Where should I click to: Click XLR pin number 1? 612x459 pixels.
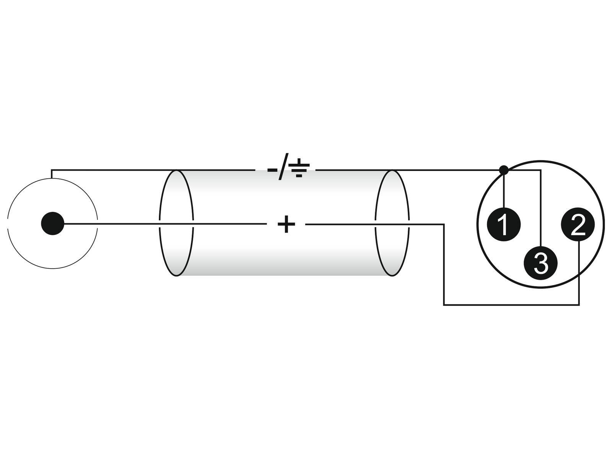(503, 224)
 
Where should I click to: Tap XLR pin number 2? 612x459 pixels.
(578, 224)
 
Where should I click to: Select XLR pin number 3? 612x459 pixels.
(540, 263)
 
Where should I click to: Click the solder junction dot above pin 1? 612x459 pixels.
(503, 170)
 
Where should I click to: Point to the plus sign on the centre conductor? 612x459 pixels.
(286, 224)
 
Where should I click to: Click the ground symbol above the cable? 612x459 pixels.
(299, 168)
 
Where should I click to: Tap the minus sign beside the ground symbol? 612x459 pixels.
(272, 170)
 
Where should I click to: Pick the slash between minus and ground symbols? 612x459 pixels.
(283, 167)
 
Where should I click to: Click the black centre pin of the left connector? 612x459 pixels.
(52, 223)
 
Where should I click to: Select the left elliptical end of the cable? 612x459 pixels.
(176, 223)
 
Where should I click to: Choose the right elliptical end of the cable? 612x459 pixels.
(392, 223)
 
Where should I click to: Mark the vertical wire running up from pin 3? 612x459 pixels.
(541, 208)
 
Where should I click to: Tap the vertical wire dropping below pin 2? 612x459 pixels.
(579, 273)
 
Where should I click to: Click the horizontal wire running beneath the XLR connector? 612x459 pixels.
(511, 305)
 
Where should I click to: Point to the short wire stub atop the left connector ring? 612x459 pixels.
(51, 174)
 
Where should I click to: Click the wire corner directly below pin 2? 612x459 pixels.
(579, 305)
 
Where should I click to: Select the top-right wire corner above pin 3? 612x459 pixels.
(541, 170)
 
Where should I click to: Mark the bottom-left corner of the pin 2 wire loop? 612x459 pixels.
(444, 305)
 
